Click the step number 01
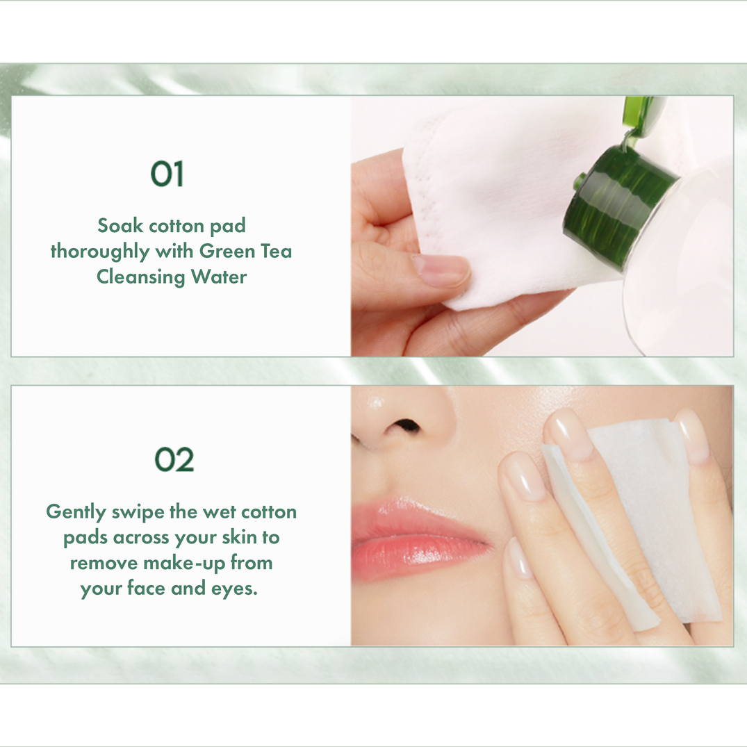[167, 174]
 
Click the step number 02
[174, 460]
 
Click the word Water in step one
[219, 277]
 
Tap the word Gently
[76, 513]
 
